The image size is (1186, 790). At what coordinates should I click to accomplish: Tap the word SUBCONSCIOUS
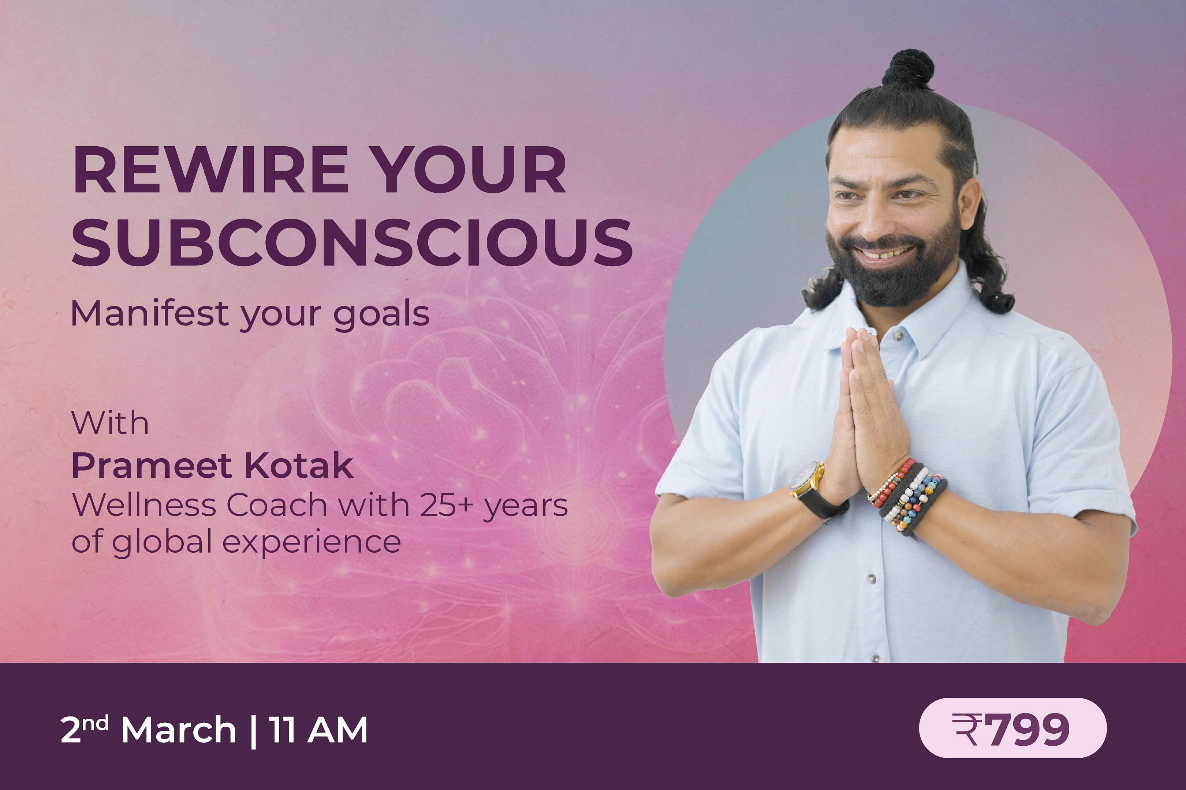352,243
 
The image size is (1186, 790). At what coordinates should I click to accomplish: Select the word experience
312,543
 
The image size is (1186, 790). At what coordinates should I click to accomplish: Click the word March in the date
179,730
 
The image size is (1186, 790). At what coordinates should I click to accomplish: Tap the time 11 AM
318,730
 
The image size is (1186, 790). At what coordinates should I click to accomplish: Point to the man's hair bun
908,68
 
